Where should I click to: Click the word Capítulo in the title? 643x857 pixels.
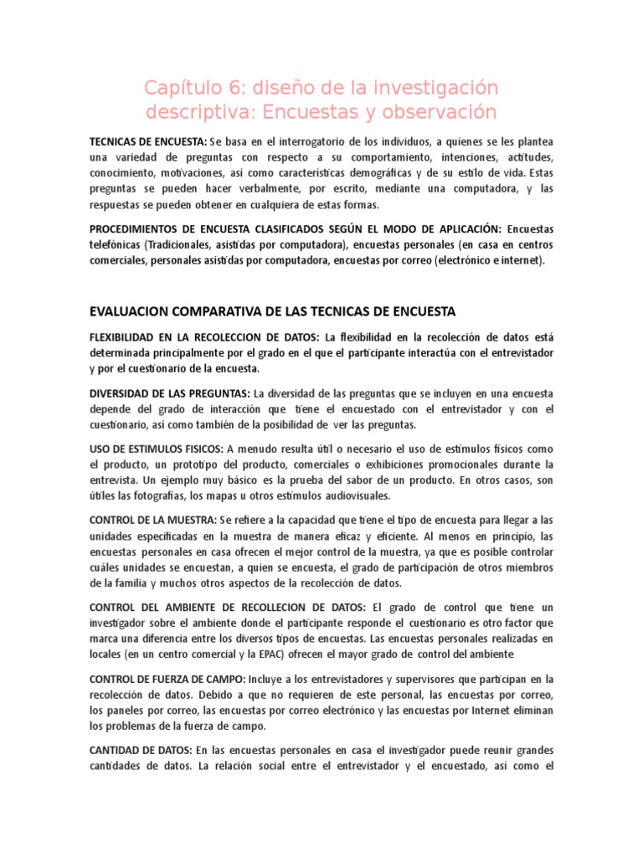[179, 88]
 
